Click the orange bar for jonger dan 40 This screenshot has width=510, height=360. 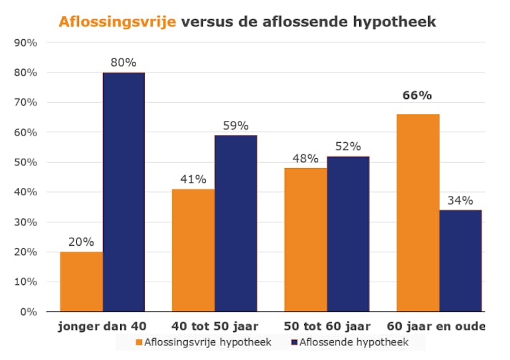81,282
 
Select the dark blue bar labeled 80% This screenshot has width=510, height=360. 124,192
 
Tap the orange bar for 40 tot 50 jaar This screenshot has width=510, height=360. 193,250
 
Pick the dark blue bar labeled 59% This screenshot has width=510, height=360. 236,223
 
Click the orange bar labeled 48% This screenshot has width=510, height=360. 305,240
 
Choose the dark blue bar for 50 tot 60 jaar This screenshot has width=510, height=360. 348,234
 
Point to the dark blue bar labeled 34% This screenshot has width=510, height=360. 460,260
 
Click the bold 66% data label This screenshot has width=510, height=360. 417,96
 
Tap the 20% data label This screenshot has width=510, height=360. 81,242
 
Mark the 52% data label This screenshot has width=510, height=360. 348,146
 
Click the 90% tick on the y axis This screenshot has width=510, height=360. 25,43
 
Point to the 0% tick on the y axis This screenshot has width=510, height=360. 28,312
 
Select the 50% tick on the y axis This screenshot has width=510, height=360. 25,162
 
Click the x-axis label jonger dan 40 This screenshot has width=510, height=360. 102,326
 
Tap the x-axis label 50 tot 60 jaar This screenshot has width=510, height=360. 327,326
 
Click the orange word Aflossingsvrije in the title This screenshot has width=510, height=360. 117,21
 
